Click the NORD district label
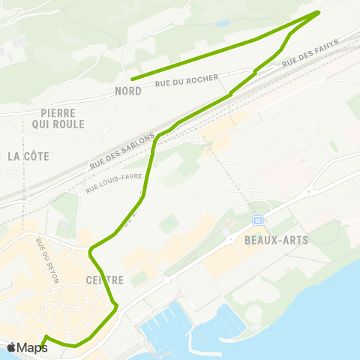click(x=128, y=91)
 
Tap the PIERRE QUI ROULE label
click(x=58, y=118)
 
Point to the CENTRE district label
click(x=104, y=280)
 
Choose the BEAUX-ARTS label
click(x=276, y=240)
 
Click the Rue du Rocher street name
click(x=187, y=81)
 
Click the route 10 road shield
click(x=258, y=220)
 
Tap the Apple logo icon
click(x=12, y=347)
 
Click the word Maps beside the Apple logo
click(x=32, y=347)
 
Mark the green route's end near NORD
click(x=132, y=79)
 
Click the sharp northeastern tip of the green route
click(x=319, y=11)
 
